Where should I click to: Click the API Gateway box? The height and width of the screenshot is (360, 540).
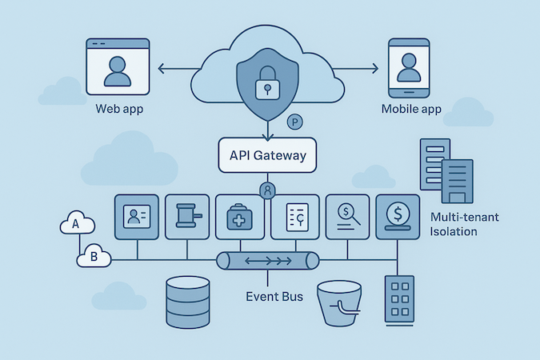point(267,155)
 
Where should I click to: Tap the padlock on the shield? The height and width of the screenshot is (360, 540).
point(267,86)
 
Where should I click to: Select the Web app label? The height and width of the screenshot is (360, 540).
point(119,109)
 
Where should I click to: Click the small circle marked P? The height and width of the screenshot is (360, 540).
point(294,122)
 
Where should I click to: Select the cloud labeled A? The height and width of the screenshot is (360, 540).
point(77,225)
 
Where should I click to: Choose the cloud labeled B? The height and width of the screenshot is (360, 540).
point(94,257)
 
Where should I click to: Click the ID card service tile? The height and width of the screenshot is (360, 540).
point(138,217)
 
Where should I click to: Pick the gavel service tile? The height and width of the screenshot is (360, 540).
point(186,217)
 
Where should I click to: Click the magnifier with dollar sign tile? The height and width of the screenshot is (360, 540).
point(348,216)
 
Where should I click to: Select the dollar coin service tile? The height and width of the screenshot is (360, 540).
point(398,216)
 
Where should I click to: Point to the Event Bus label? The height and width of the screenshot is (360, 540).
point(274,297)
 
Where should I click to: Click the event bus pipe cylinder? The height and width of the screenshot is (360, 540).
point(267,261)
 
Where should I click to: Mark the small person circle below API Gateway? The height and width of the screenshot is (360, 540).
point(267,190)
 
